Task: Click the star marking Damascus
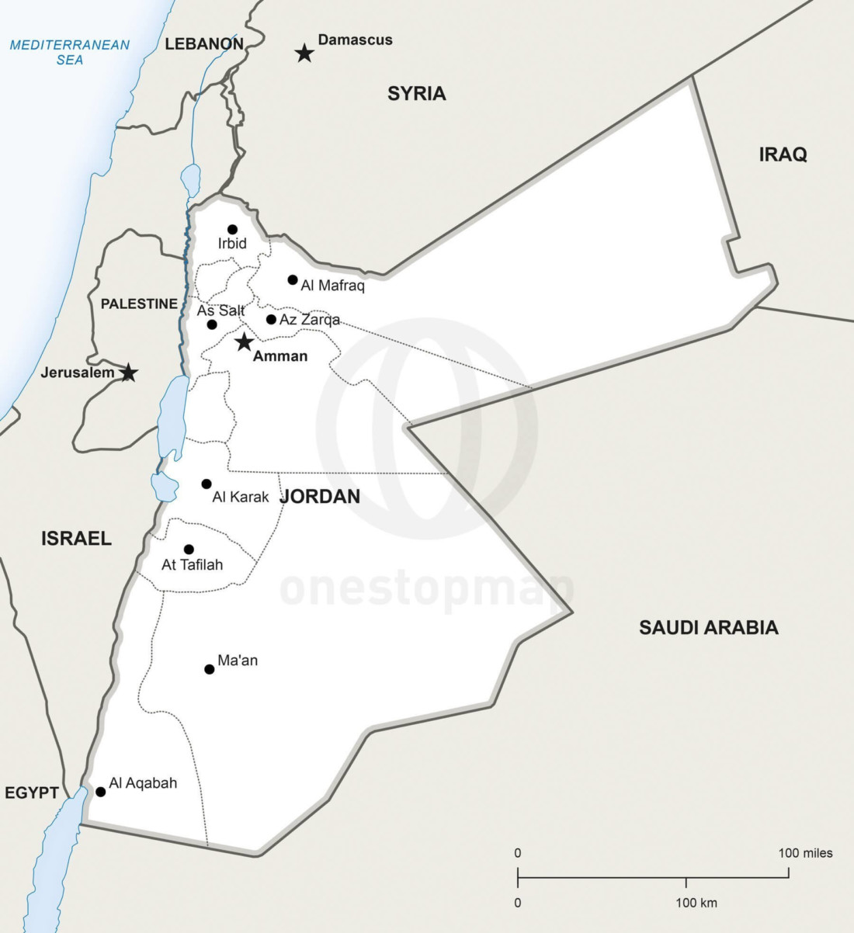tap(304, 54)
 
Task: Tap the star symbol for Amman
tap(245, 342)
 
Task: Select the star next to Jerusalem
tap(129, 373)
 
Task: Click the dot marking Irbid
tap(232, 229)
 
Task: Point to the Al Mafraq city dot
tap(293, 279)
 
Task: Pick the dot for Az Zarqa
tap(271, 319)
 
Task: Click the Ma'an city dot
tap(209, 669)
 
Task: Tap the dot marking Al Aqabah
tap(100, 792)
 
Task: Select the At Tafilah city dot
tap(189, 550)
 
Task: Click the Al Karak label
tap(241, 497)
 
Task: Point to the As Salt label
tap(221, 310)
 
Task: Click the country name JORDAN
tap(320, 497)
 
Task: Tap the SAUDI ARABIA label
tap(708, 627)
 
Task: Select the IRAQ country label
tap(783, 154)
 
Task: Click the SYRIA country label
tap(417, 94)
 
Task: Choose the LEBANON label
tap(204, 44)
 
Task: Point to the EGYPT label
tap(32, 793)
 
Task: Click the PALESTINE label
tap(139, 303)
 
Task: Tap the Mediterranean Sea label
tap(70, 52)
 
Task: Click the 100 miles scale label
tap(805, 853)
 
